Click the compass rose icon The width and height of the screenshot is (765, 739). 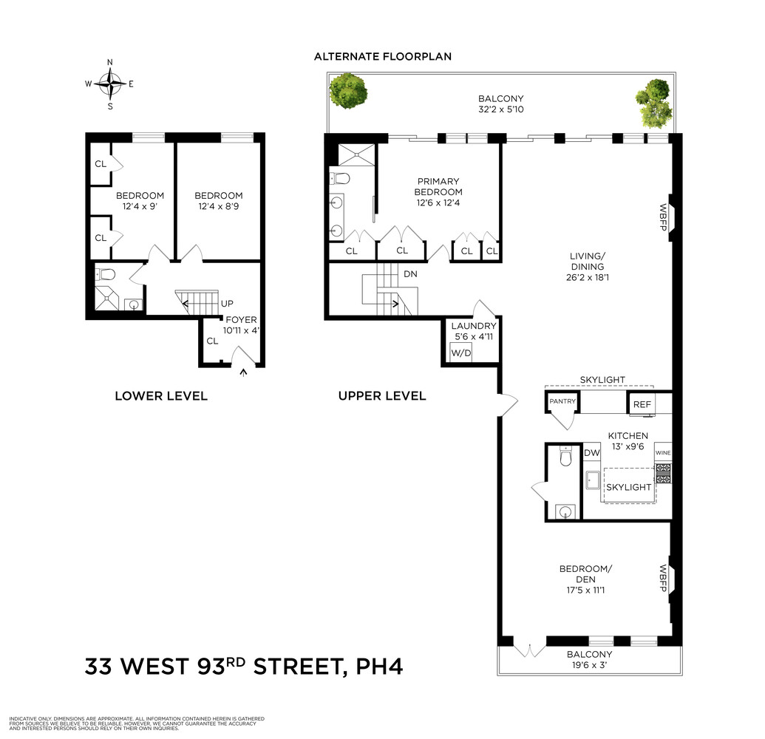[x=110, y=84]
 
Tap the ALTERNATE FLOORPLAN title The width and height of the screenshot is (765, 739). [x=382, y=56]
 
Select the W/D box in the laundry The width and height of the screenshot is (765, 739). [x=461, y=354]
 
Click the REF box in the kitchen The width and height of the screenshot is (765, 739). [x=640, y=405]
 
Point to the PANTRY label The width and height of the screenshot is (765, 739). [x=561, y=401]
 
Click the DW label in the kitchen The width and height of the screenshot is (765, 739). [x=592, y=453]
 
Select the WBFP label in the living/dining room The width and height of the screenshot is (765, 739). [x=663, y=217]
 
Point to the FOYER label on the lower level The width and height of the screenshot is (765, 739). [x=240, y=320]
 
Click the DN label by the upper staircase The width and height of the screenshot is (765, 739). [x=411, y=273]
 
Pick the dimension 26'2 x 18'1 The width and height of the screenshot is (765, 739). [x=588, y=279]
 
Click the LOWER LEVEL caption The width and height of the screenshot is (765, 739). [x=161, y=396]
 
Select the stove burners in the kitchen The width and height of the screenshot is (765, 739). [x=663, y=474]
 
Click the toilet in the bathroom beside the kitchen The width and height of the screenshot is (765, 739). [x=567, y=457]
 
